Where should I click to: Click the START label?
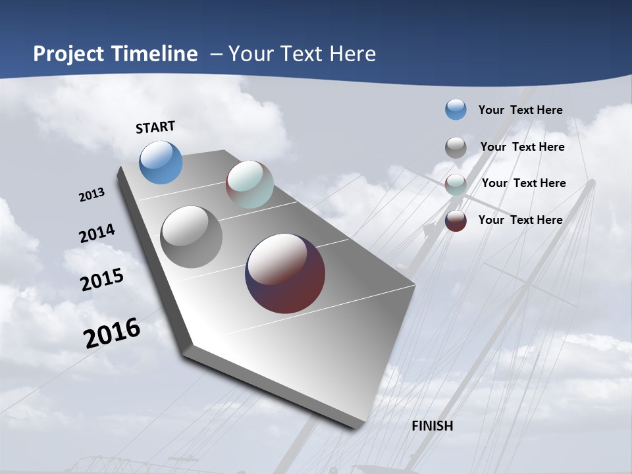click(x=155, y=127)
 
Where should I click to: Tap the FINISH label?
click(x=432, y=426)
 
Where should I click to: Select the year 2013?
click(x=92, y=195)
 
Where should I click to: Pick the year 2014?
click(x=97, y=234)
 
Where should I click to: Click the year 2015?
click(x=101, y=279)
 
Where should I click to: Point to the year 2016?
click(x=112, y=332)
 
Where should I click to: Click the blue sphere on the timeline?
click(x=161, y=162)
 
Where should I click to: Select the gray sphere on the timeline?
click(x=191, y=237)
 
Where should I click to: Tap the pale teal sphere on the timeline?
click(x=250, y=184)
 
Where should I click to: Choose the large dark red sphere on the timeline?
click(x=285, y=273)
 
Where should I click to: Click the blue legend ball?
click(x=456, y=109)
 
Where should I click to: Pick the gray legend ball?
click(x=456, y=147)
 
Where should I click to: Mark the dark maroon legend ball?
click(x=456, y=221)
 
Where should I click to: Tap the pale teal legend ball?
click(x=456, y=184)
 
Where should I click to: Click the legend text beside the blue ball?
click(x=520, y=110)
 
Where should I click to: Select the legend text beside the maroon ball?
click(x=520, y=220)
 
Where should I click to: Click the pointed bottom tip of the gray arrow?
click(x=355, y=425)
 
